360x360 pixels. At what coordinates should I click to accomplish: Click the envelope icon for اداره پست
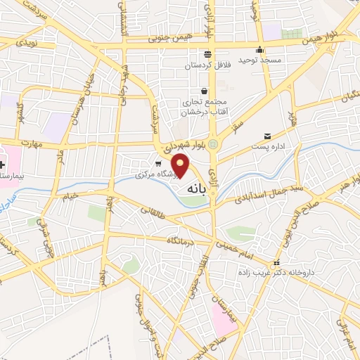pos(266,136)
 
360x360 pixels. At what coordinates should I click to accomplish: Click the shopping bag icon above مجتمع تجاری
pos(205,91)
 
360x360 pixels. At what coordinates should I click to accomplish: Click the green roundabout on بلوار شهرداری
pos(215,146)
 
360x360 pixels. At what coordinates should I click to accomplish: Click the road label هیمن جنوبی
pos(163,43)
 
